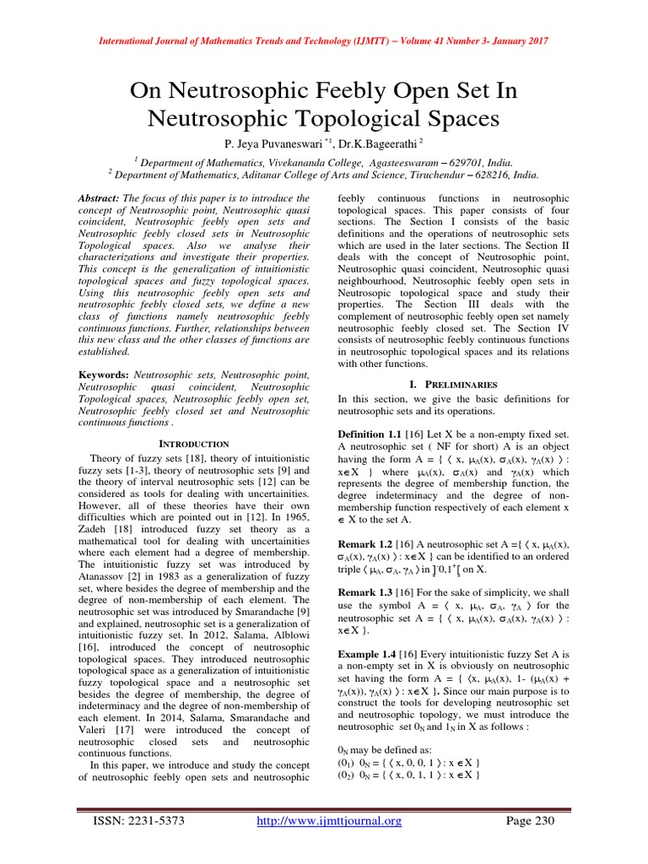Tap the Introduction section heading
[194, 443]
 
